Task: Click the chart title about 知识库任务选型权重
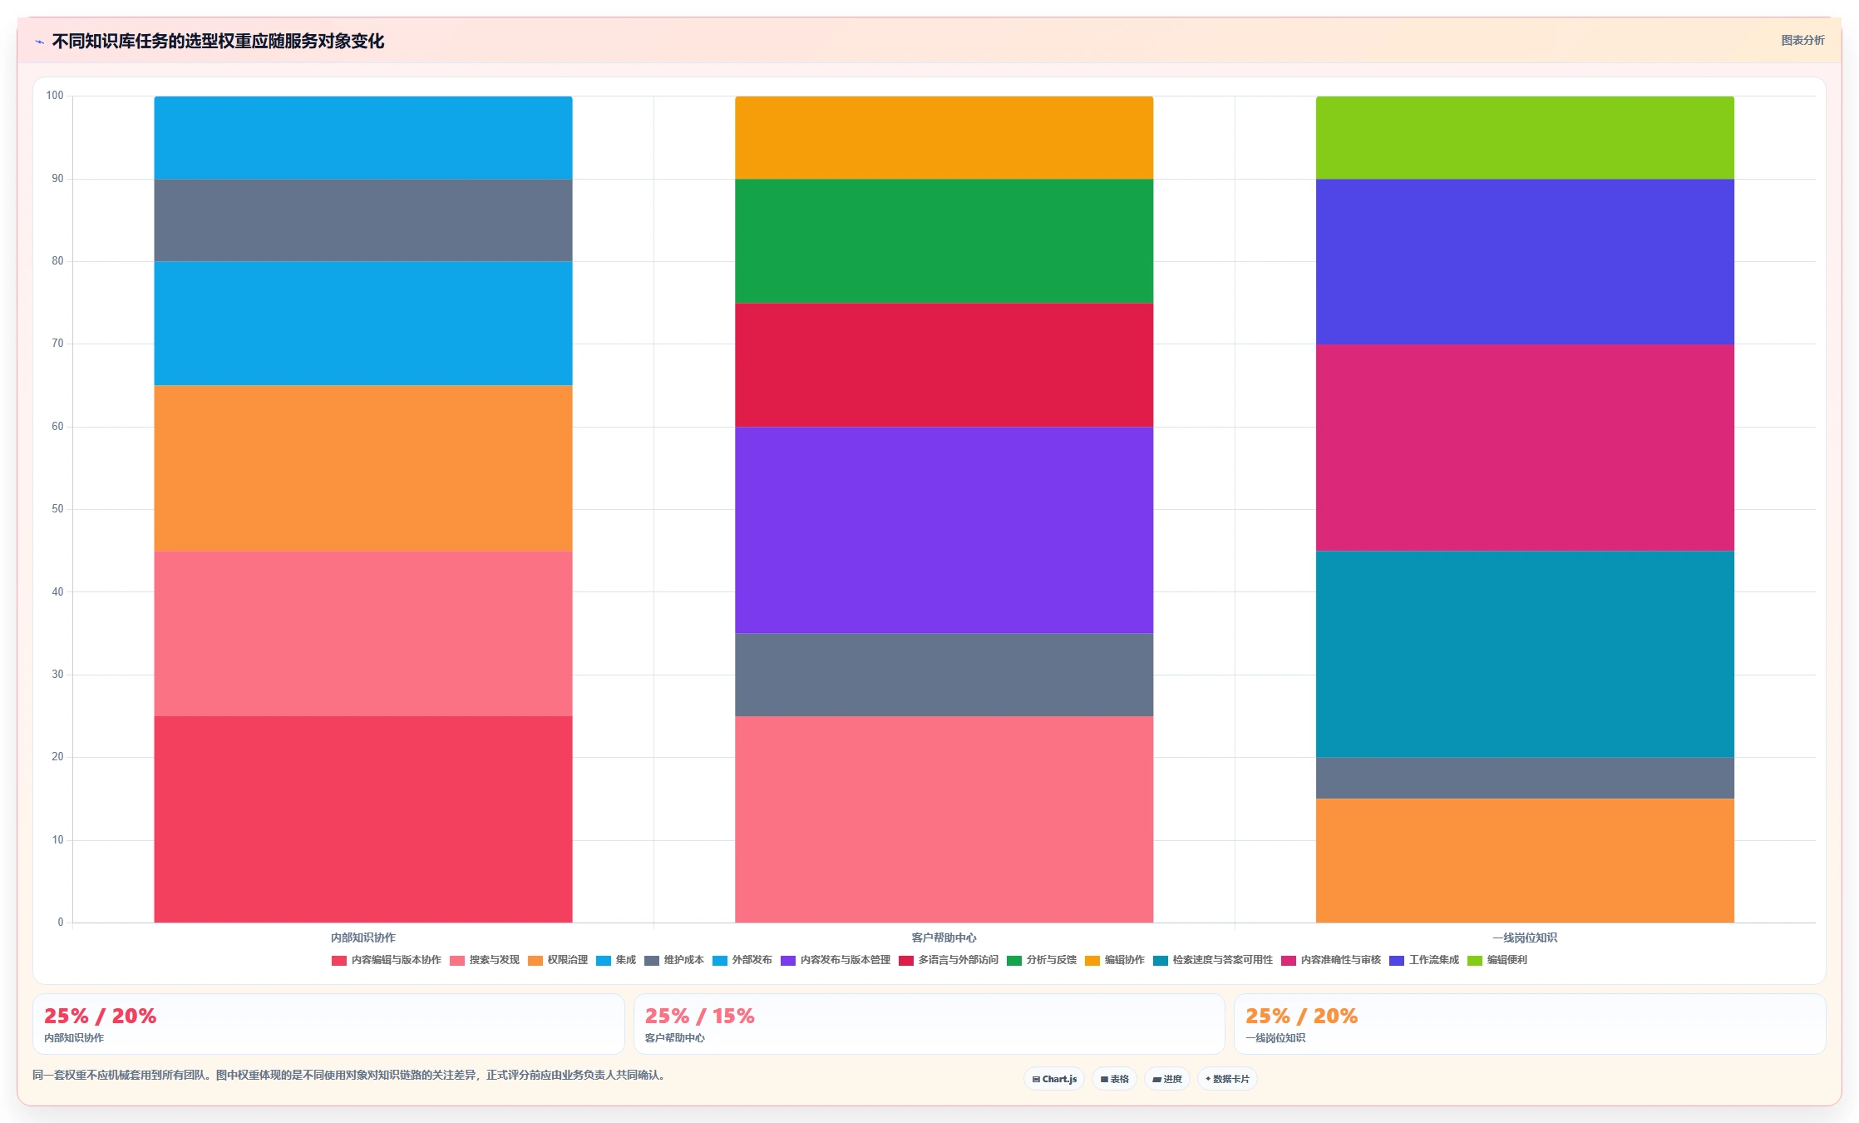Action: coord(218,41)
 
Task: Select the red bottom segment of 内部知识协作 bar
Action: coord(363,819)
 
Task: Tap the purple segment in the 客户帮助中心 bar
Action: coord(944,530)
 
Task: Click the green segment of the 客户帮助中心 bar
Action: coord(944,240)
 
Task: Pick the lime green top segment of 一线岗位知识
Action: coord(1525,137)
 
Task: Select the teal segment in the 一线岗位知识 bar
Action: coord(1525,654)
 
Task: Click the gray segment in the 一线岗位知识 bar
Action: coord(1525,778)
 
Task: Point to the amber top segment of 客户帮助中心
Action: coord(944,137)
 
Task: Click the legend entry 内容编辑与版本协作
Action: coord(387,960)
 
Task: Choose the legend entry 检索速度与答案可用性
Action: coord(1213,960)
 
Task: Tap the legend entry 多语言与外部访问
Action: coord(949,960)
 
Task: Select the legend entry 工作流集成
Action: coord(1424,960)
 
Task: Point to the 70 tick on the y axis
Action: coord(57,344)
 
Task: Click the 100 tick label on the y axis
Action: coord(55,96)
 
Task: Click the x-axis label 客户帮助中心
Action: coord(944,937)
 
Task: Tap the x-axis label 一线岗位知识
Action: coord(1525,937)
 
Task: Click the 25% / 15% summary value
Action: coord(700,1016)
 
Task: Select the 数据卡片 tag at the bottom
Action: coord(1227,1079)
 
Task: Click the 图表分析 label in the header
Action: coord(1802,40)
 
